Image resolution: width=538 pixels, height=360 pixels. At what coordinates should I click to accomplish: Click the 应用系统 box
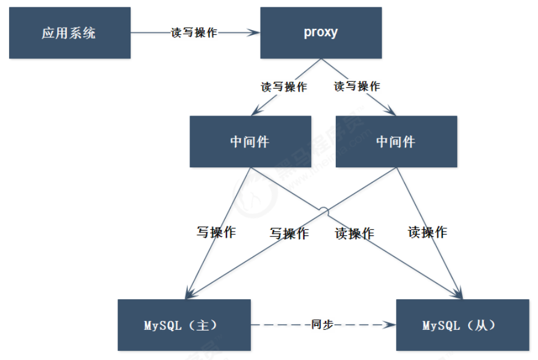[70, 33]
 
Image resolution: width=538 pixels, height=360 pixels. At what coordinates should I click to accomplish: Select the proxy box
[321, 33]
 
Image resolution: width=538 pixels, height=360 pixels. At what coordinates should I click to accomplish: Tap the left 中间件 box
[250, 141]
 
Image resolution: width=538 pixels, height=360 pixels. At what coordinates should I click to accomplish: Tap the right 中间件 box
[397, 141]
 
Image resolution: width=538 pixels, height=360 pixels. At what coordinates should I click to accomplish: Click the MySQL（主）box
[184, 325]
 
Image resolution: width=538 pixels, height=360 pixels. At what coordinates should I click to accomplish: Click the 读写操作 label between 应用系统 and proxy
[194, 33]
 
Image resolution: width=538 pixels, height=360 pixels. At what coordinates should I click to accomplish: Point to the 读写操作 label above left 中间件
[283, 87]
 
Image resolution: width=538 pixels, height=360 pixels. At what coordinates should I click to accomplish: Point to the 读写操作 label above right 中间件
[357, 86]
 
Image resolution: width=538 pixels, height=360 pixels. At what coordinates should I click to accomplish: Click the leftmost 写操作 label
[215, 232]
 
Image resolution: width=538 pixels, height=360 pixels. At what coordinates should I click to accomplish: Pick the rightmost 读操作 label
[427, 232]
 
